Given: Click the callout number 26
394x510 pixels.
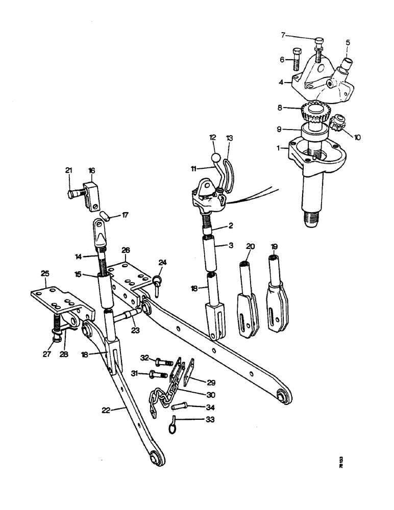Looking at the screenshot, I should [x=126, y=250].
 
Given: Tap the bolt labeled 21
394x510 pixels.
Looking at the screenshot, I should [x=76, y=193].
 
